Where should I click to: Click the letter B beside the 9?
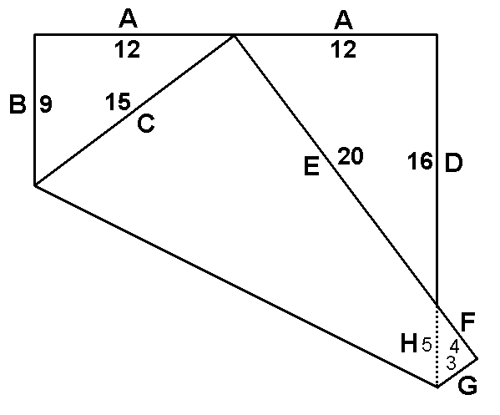18,104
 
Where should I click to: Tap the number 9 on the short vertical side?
46,104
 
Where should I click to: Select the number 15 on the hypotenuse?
118,101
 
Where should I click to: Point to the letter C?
146,123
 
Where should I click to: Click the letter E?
311,166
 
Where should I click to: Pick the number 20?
350,155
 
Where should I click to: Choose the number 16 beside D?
420,161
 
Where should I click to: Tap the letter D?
453,163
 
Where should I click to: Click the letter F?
468,322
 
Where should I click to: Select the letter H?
409,343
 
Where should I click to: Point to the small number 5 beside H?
427,344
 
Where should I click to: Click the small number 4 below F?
454,347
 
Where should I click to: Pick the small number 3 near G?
451,363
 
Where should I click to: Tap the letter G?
467,385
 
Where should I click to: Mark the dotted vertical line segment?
437,346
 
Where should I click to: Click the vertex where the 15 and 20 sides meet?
234,35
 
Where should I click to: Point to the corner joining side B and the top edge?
35,34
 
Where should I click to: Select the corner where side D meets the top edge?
437,34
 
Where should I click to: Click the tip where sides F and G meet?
477,358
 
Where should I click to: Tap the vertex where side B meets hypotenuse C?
35,185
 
